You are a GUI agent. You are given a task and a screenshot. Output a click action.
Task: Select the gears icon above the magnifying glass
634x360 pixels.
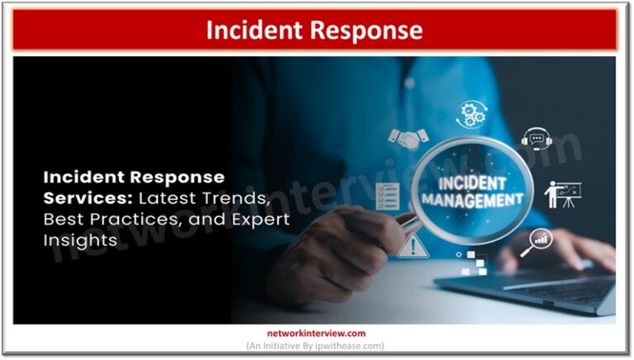point(472,114)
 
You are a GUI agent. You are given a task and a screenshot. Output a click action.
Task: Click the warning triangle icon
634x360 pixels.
point(407,246)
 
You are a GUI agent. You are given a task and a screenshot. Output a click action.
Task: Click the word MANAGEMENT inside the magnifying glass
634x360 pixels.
point(471,199)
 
